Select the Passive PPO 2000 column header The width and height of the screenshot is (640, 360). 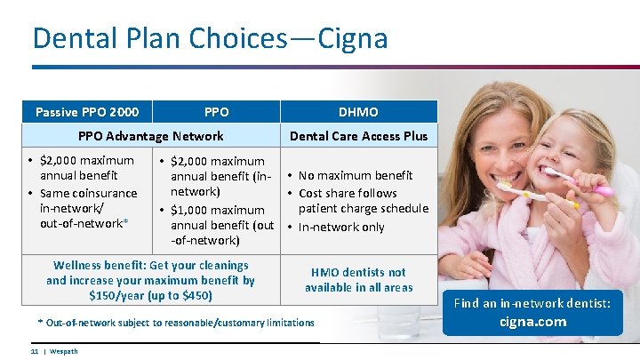click(87, 112)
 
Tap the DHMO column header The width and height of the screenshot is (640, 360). click(358, 112)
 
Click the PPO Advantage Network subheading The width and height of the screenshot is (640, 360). click(151, 136)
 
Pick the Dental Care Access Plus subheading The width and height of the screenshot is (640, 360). click(358, 136)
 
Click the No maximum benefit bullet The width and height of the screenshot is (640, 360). click(356, 175)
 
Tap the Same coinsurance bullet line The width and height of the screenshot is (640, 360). click(88, 193)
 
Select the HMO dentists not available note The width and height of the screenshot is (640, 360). click(358, 280)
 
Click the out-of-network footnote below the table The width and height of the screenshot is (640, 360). click(176, 323)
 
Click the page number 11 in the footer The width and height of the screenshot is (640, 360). click(35, 351)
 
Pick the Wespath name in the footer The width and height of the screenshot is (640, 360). click(63, 351)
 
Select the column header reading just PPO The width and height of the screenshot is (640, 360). click(216, 112)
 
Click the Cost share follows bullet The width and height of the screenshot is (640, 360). click(348, 193)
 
